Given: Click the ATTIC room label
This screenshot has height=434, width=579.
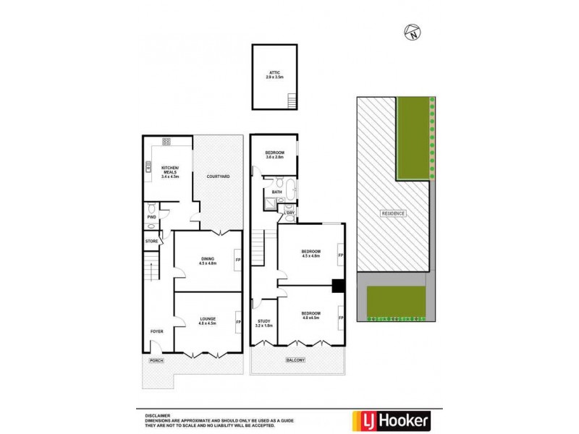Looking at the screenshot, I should (275, 73).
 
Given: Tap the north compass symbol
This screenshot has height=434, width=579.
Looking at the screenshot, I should (412, 32).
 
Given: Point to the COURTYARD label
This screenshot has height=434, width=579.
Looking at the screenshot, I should (218, 176).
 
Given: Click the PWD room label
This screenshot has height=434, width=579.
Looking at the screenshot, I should (151, 216).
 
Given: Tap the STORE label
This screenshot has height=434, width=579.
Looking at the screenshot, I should (151, 241).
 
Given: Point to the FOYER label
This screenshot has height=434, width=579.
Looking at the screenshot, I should (157, 331).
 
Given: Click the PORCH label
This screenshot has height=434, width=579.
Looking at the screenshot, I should (155, 359).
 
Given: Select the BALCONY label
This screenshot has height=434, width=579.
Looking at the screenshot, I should (295, 359).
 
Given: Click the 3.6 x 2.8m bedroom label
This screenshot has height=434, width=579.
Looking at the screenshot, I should (274, 155).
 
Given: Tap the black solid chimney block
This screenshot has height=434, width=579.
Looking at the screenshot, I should (337, 285).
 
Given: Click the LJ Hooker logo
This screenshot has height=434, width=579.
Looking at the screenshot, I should (392, 420).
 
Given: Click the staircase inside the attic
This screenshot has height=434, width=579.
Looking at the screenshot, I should (292, 101).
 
